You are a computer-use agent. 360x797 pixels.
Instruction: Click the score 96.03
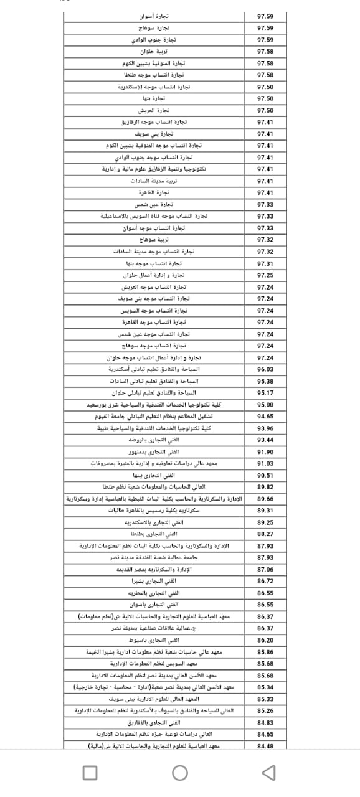[x=265, y=369]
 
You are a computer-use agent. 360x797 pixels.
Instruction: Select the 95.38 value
[x=265, y=381]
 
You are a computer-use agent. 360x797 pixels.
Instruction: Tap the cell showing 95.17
[x=265, y=393]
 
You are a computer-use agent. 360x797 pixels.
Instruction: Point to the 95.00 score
[x=265, y=405]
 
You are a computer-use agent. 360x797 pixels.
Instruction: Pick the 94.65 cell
[x=265, y=416]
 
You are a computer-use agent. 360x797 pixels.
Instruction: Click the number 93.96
[x=265, y=428]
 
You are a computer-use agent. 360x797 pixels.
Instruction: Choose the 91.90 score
[x=265, y=451]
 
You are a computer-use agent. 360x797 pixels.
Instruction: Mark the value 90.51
[x=265, y=475]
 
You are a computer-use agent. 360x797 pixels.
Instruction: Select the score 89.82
[x=265, y=487]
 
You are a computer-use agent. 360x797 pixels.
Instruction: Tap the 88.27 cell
[x=265, y=534]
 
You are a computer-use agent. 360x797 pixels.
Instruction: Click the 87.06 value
[x=265, y=569]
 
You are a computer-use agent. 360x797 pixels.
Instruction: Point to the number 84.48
[x=265, y=746]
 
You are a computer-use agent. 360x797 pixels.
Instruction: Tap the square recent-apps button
[x=90, y=773]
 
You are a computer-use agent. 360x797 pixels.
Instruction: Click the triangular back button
[x=269, y=773]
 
